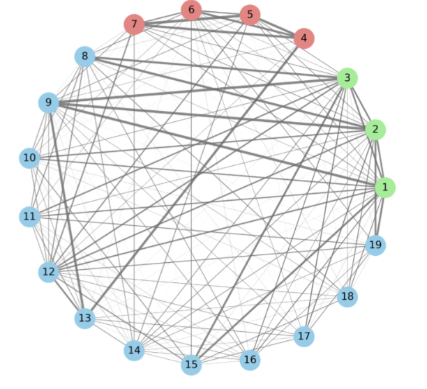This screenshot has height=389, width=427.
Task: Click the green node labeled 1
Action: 384,188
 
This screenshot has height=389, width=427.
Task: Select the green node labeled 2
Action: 375,130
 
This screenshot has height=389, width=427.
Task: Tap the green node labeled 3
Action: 347,78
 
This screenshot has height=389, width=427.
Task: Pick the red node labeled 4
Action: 304,38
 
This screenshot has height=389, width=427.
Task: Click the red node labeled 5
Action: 250,15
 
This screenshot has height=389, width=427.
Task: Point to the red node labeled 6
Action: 191,10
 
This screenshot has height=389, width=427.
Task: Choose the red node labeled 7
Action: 134,24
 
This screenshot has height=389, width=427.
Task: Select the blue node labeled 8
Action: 85,56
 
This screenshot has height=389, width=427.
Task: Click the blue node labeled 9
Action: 48,103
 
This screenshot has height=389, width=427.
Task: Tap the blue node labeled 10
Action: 29,158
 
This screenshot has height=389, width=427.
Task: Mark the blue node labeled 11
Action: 29,216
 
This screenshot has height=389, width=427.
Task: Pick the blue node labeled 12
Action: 48,271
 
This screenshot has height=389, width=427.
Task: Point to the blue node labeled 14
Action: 134,350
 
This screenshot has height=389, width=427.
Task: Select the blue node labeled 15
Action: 191,365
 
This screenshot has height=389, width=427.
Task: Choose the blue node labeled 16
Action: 250,360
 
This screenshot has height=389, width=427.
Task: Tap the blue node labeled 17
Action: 304,336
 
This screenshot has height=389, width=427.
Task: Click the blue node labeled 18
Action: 347,297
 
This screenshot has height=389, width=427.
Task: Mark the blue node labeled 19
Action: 375,245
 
